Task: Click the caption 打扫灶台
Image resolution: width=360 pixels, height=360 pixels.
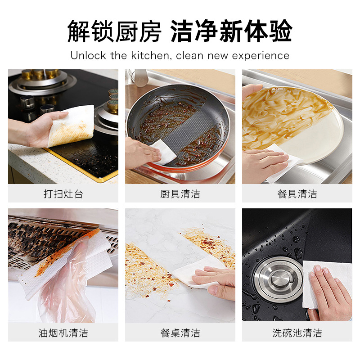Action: (63, 194)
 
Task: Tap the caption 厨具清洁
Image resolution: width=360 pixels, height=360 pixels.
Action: (180, 194)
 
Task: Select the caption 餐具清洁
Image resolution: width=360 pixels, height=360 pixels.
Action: (297, 194)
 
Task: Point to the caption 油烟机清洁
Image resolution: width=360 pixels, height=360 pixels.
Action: (63, 333)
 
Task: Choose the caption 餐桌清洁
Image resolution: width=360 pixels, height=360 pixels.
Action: (180, 333)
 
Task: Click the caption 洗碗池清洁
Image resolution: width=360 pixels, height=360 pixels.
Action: (297, 333)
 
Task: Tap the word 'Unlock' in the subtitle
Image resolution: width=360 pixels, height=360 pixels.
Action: (88, 56)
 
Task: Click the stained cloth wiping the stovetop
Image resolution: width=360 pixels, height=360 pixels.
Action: (71, 126)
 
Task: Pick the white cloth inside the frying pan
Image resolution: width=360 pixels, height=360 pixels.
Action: (164, 152)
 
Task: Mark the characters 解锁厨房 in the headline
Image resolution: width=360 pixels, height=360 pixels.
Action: (114, 31)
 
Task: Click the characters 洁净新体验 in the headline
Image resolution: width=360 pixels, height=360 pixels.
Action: (231, 31)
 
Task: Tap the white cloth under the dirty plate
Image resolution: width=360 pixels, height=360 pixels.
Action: (285, 163)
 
